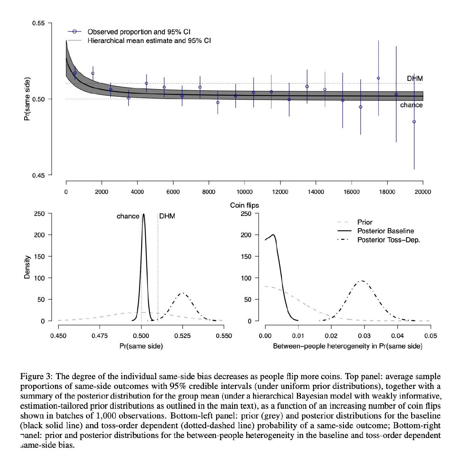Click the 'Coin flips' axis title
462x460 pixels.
pyautogui.click(x=244, y=205)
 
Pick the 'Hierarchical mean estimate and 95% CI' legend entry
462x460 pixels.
pyautogui.click(x=149, y=40)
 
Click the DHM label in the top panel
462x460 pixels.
pyautogui.click(x=415, y=78)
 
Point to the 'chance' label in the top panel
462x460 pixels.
pyautogui.click(x=411, y=105)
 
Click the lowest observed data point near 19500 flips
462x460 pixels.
pyautogui.click(x=414, y=122)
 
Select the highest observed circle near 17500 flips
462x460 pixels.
pyautogui.click(x=378, y=78)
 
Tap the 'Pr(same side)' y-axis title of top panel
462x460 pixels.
pyautogui.click(x=27, y=99)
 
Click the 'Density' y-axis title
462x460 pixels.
pyautogui.click(x=27, y=267)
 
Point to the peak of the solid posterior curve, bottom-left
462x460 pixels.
pyautogui.click(x=144, y=214)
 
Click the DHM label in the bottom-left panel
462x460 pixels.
pyautogui.click(x=167, y=216)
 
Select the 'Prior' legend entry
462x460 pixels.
pyautogui.click(x=365, y=222)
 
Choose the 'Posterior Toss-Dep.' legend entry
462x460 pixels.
pyautogui.click(x=388, y=240)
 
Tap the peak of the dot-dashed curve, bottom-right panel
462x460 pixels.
pyautogui.click(x=362, y=281)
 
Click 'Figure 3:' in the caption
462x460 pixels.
pyautogui.click(x=36, y=377)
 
